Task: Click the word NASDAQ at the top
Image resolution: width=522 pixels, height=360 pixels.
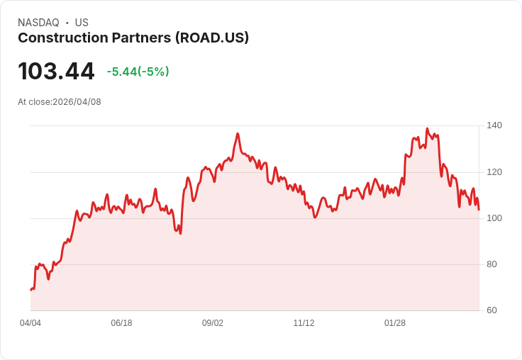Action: pyautogui.click(x=38, y=23)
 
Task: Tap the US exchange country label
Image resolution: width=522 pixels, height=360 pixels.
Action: pyautogui.click(x=82, y=23)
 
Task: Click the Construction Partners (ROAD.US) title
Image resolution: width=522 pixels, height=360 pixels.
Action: pyautogui.click(x=133, y=38)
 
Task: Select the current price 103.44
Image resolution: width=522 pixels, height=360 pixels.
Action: pyautogui.click(x=56, y=72)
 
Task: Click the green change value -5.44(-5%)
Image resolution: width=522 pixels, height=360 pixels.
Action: pyautogui.click(x=138, y=72)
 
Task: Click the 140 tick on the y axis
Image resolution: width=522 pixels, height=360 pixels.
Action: pyautogui.click(x=494, y=125)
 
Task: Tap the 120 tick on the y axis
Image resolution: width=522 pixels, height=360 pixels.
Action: pyautogui.click(x=494, y=172)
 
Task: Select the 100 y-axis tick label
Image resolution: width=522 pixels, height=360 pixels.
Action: pyautogui.click(x=494, y=218)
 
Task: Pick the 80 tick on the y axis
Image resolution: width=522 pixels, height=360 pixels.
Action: pyautogui.click(x=492, y=264)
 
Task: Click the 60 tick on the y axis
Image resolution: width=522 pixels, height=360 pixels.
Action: pyautogui.click(x=492, y=310)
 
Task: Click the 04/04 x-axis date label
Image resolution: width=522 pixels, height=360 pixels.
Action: pyautogui.click(x=30, y=323)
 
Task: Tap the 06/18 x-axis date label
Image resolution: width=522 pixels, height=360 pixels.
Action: pyautogui.click(x=121, y=323)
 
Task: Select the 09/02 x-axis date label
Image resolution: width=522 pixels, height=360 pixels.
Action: pyautogui.click(x=213, y=323)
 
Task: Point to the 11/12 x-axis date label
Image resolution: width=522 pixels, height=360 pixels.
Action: pyautogui.click(x=304, y=323)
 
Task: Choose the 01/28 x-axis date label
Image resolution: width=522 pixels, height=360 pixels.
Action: pyautogui.click(x=395, y=323)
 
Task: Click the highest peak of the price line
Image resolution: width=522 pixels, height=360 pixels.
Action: pyautogui.click(x=427, y=129)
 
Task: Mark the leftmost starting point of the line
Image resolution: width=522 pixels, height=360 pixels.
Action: pyautogui.click(x=30, y=290)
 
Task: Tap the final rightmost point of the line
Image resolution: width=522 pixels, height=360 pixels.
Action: pyautogui.click(x=479, y=210)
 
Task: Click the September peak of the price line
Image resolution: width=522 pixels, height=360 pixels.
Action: pyautogui.click(x=238, y=133)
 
